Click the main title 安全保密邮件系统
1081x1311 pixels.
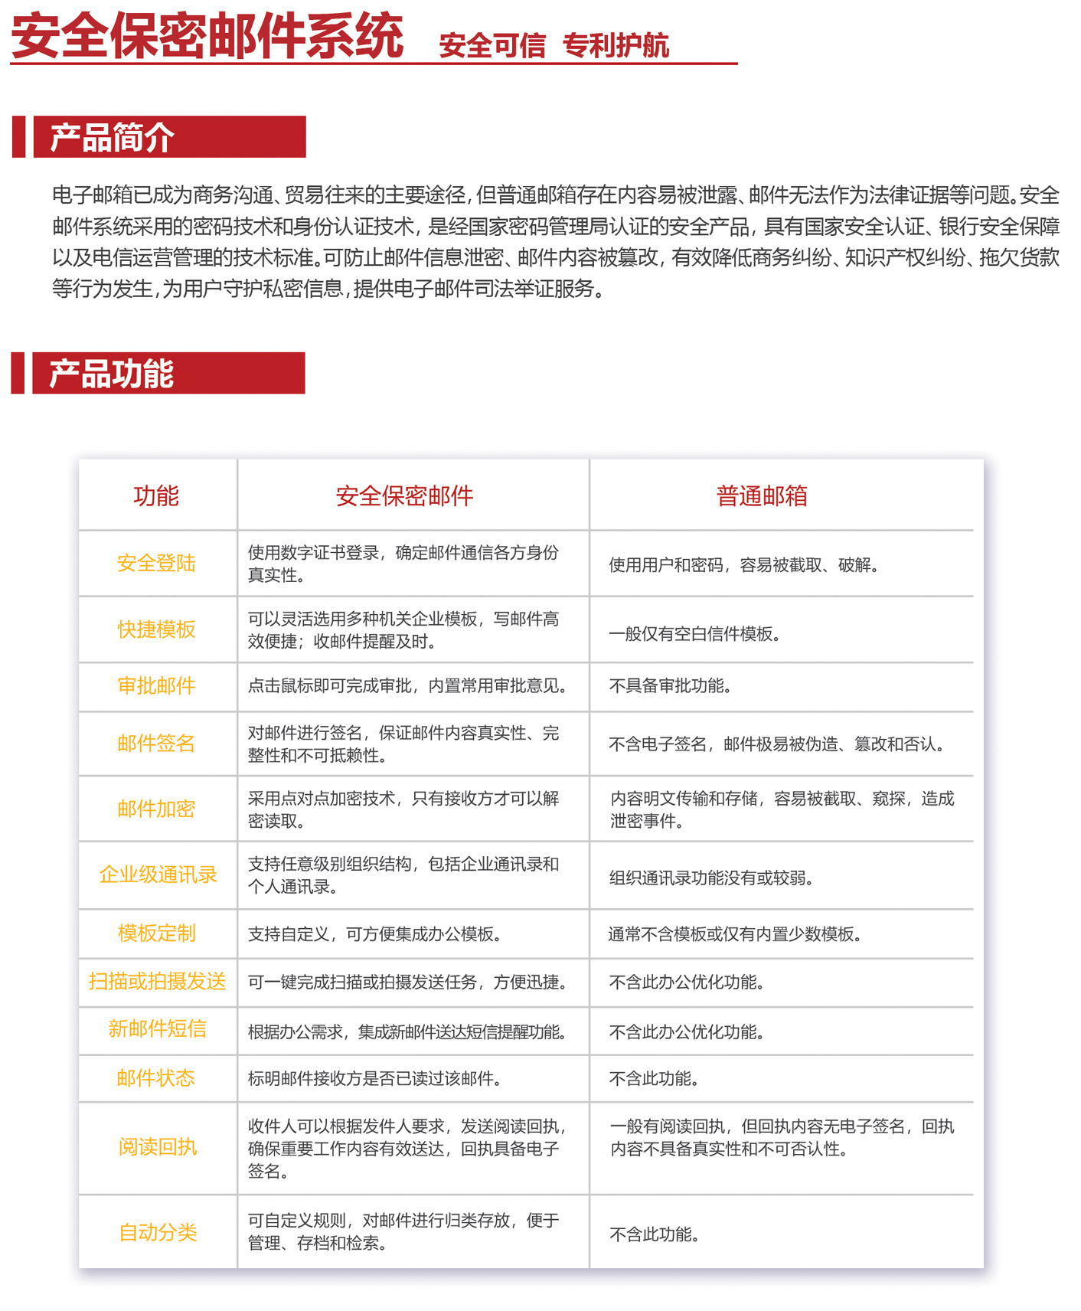[207, 36]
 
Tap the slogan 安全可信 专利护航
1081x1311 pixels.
[554, 46]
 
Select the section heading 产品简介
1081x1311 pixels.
[112, 138]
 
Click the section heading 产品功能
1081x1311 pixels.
[112, 374]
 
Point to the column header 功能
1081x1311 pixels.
[156, 496]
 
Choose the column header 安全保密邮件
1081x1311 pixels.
[404, 496]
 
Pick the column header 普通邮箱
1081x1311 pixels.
[762, 496]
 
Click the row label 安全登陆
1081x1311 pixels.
[156, 564]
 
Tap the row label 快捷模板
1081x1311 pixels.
[156, 629]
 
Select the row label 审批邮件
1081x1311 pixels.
[156, 686]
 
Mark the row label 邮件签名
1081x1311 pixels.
[156, 744]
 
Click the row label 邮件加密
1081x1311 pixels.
[156, 809]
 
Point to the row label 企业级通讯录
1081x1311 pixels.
[158, 875]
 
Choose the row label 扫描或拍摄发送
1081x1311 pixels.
[157, 982]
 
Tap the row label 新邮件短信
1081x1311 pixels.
[157, 1029]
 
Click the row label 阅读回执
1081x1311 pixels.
[158, 1147]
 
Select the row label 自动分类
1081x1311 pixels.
[158, 1233]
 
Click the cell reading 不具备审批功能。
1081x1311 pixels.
[670, 686]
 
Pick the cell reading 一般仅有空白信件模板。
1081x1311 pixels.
[694, 634]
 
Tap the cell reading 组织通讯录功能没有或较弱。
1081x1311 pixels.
[711, 878]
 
